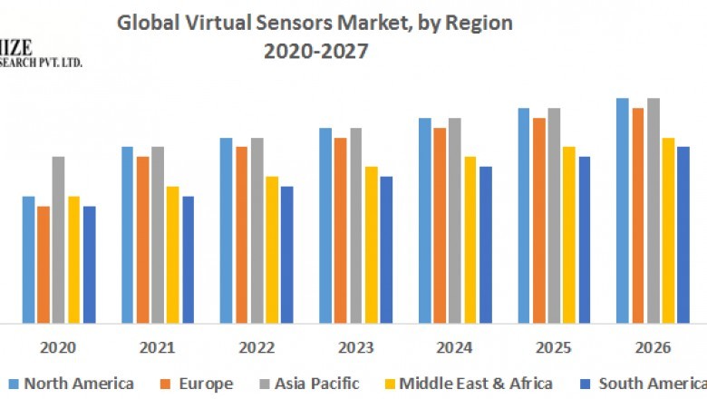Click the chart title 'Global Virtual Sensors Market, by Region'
[315, 24]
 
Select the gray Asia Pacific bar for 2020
[58, 239]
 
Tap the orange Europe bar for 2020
[44, 264]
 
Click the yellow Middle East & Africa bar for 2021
[172, 254]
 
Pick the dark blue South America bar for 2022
[286, 254]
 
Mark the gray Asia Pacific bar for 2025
[554, 215]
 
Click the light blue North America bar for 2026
[623, 210]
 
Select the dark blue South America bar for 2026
[683, 234]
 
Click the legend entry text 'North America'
[79, 384]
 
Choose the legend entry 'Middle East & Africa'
[476, 384]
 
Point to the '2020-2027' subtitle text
[315, 52]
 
